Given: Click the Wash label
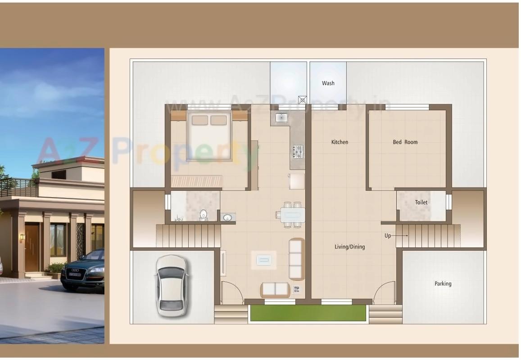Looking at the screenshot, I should click(x=328, y=83).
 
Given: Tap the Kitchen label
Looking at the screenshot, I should click(x=340, y=142).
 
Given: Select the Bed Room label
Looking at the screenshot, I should click(x=405, y=142).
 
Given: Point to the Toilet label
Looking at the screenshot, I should click(x=421, y=202).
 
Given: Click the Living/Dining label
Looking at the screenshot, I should click(x=349, y=247).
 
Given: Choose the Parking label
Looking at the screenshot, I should click(x=443, y=284).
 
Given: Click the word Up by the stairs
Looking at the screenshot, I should click(x=388, y=236).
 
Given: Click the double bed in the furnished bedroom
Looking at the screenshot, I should click(x=209, y=136).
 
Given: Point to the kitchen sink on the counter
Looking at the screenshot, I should click(x=281, y=117).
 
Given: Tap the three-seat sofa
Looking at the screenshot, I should click(x=296, y=259).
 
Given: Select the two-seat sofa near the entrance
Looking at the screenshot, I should click(x=275, y=289).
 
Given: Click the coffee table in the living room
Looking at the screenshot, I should click(x=263, y=260).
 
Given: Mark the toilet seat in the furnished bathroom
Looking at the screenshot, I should click(x=203, y=215).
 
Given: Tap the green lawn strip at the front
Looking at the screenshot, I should click(x=308, y=313).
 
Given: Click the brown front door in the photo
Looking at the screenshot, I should click(x=32, y=248).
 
